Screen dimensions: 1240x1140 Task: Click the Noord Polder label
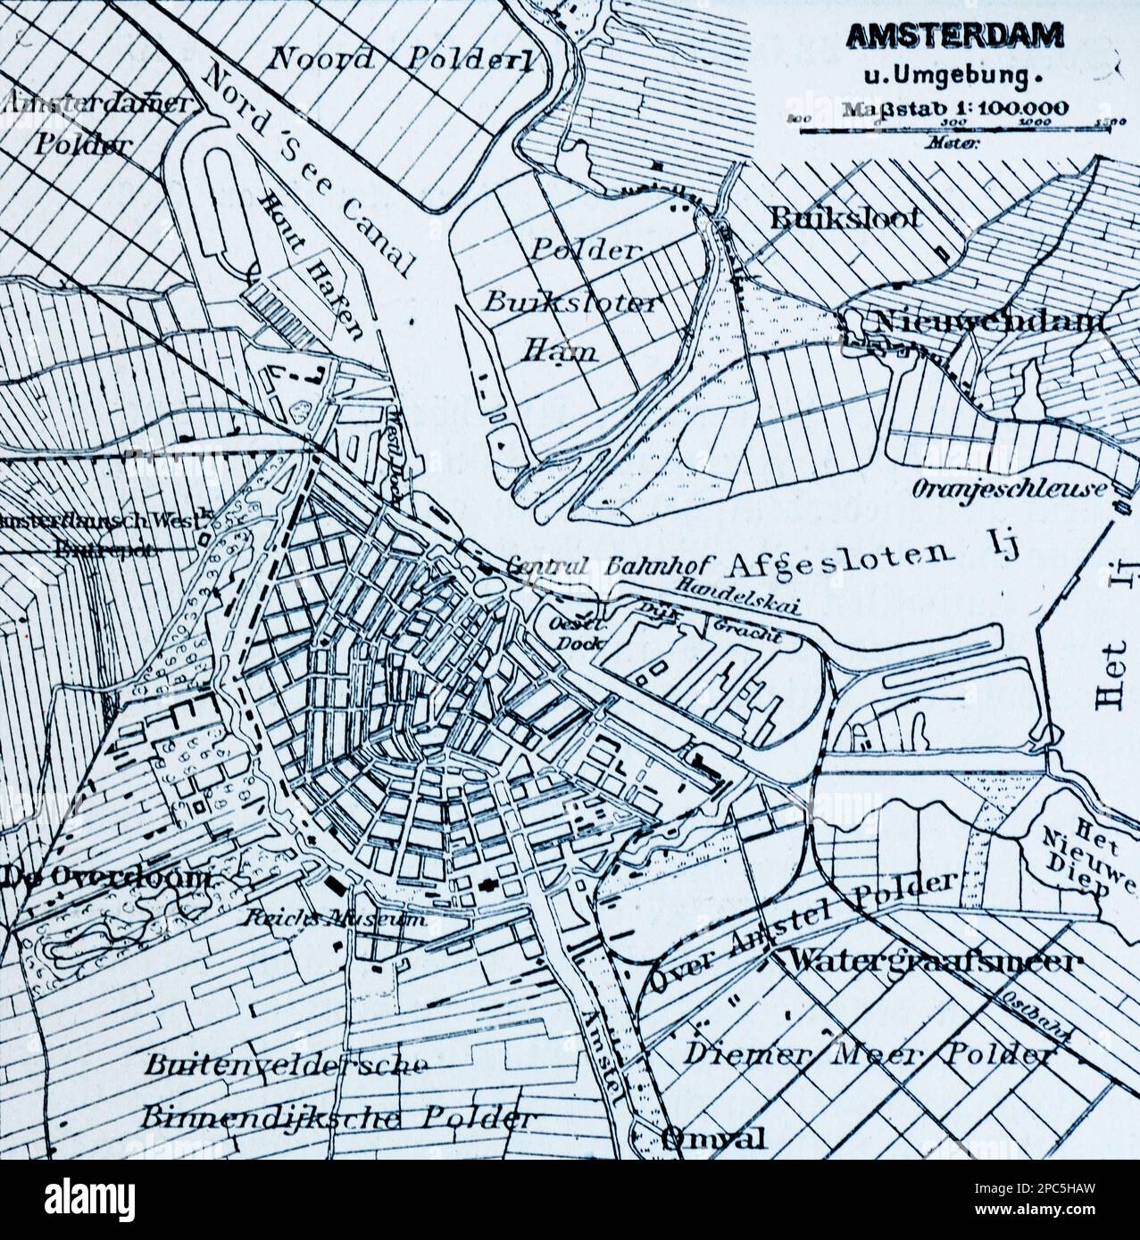401,61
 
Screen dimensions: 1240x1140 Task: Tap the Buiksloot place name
845,217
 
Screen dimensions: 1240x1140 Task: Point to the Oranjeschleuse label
1009,488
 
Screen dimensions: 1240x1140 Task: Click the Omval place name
713,1139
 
